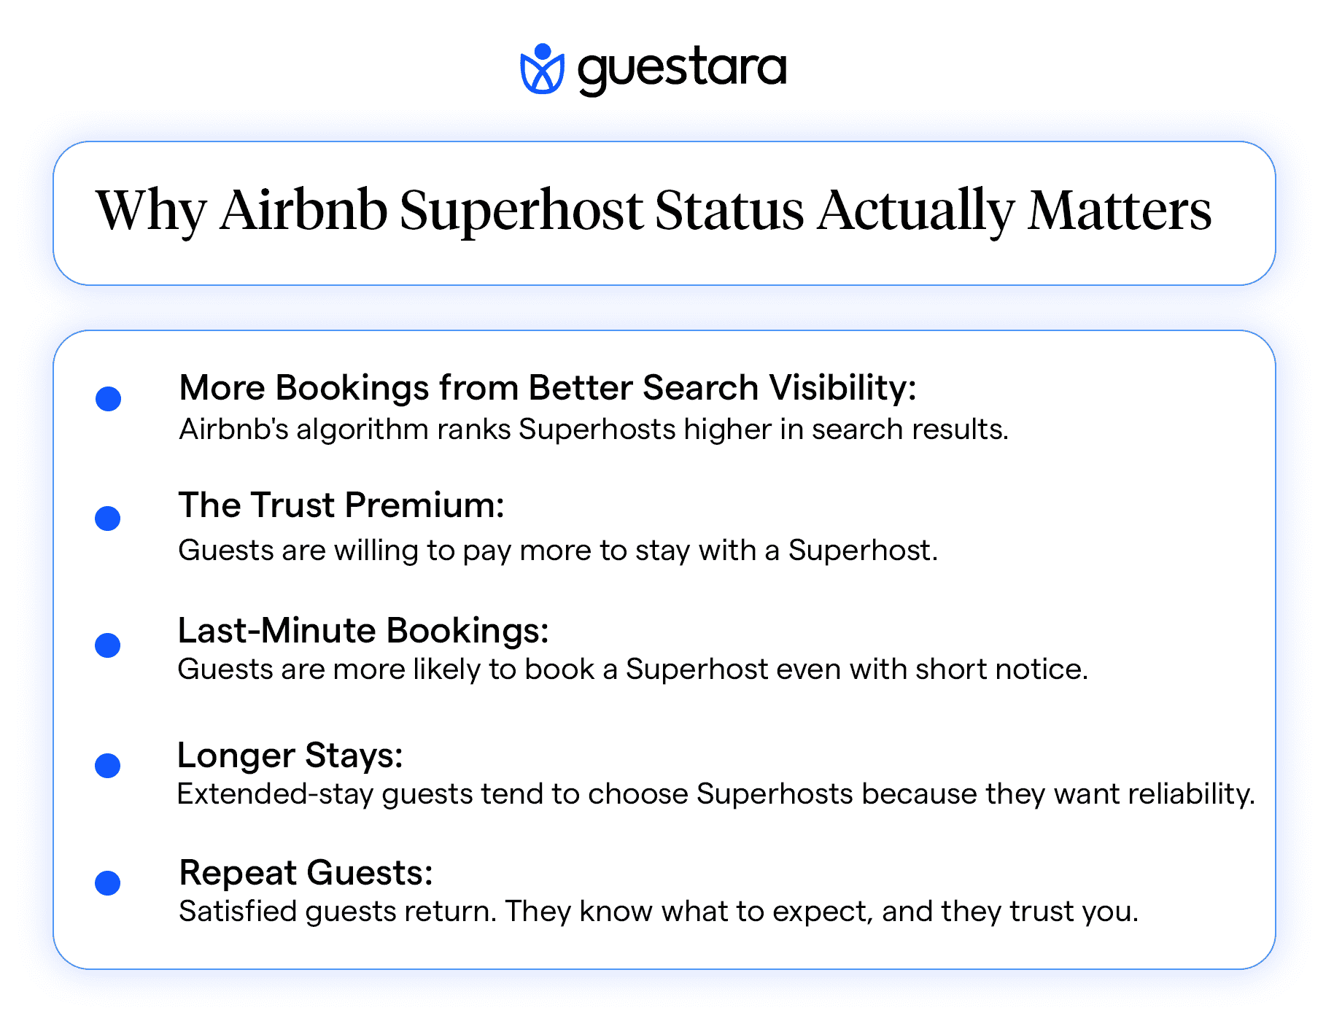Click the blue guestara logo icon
click(x=542, y=69)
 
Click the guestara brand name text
click(x=682, y=69)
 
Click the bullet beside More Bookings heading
click(x=108, y=399)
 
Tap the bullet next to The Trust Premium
click(x=108, y=519)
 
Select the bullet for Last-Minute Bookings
click(x=108, y=645)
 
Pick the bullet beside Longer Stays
click(x=108, y=766)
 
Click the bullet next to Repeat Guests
click(x=108, y=883)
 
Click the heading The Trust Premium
click(x=341, y=505)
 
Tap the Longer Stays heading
click(x=290, y=756)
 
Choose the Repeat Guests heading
click(x=306, y=872)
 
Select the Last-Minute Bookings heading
click(x=362, y=631)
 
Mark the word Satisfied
click(x=238, y=912)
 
